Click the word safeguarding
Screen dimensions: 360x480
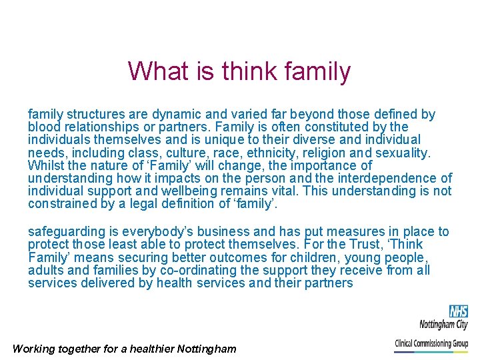(65, 232)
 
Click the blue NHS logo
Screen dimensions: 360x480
(458, 311)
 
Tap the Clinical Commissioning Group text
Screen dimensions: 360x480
(431, 344)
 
